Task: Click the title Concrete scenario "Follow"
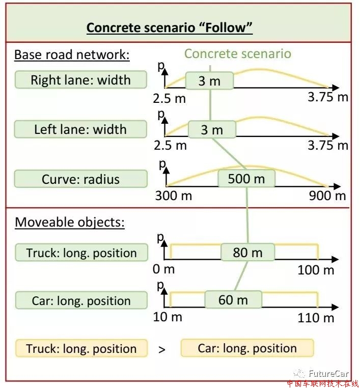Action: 170,27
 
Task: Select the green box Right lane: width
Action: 80,79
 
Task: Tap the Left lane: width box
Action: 80,129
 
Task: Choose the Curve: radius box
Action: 80,179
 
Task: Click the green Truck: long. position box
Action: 81,253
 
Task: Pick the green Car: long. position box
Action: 81,300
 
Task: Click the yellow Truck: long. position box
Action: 81,348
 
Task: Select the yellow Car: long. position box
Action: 247,348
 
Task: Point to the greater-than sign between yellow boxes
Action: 162,350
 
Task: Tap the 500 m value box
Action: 246,178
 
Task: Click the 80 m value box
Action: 247,253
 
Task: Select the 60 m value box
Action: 233,300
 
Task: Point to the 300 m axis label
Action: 174,196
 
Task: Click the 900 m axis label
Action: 327,196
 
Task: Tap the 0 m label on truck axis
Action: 163,269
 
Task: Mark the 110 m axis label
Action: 316,318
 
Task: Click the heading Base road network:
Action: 72,54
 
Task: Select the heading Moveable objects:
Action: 70,222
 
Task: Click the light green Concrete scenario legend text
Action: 238,53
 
